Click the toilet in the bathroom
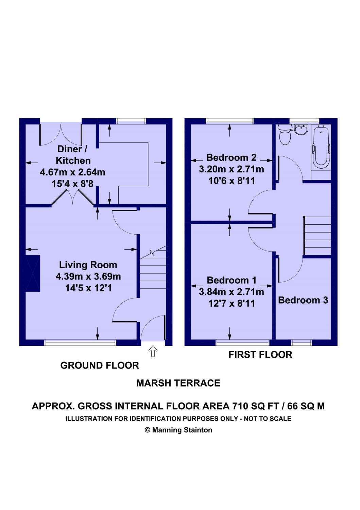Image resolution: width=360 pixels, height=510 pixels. click(x=285, y=135)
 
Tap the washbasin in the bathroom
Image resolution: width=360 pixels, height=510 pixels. click(x=301, y=130)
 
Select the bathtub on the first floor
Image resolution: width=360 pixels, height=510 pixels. click(x=321, y=148)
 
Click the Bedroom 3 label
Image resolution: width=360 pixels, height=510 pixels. click(x=303, y=300)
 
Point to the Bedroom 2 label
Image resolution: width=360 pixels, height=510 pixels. click(x=231, y=157)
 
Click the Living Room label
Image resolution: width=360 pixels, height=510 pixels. click(x=88, y=265)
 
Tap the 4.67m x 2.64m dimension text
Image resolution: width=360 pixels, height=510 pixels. click(x=72, y=172)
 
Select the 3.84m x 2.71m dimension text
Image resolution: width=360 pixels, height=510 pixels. click(x=232, y=292)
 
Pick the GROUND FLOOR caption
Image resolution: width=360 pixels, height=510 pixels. click(x=100, y=365)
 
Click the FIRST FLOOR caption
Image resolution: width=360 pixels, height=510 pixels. click(x=260, y=355)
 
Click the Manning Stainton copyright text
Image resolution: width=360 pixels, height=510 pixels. click(x=178, y=430)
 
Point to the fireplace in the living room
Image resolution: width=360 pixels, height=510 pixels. click(x=33, y=273)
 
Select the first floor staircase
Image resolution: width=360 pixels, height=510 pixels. click(x=318, y=236)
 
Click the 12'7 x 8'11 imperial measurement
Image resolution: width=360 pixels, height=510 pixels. click(x=232, y=303)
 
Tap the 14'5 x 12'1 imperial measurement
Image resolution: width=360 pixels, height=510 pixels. click(x=88, y=288)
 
